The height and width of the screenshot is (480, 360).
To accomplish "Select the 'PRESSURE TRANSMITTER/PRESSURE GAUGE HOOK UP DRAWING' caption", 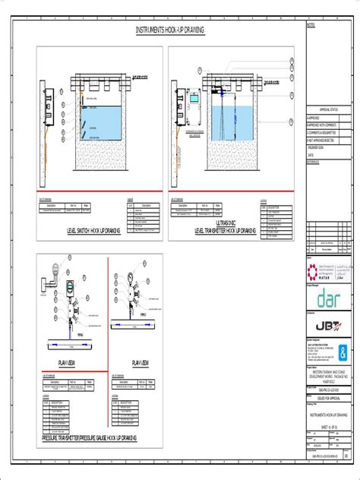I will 90,461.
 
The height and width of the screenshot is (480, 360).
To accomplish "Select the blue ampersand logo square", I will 346,353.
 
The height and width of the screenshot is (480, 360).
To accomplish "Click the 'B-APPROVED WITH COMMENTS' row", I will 325,125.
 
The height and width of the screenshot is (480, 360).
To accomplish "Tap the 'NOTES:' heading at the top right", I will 311,24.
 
